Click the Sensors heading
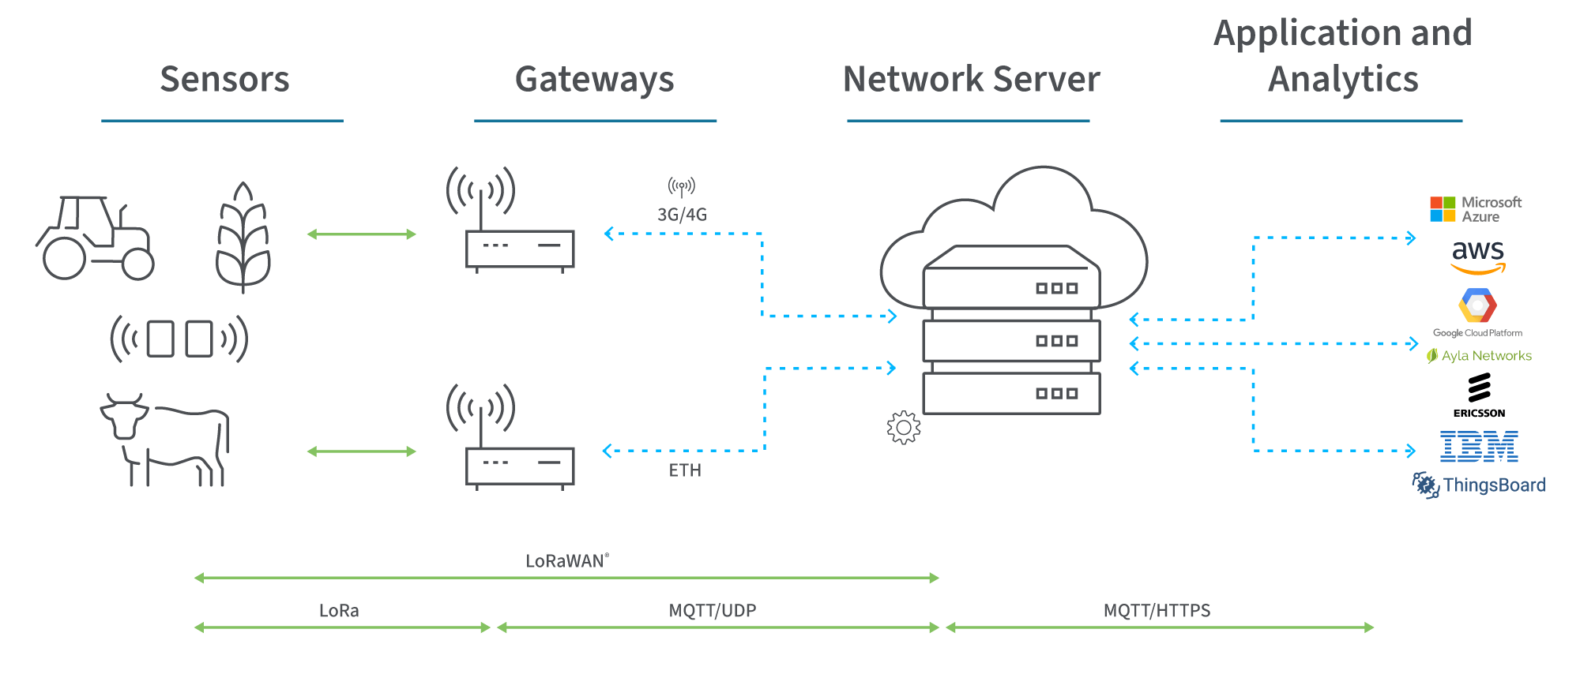coord(224,79)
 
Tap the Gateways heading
coord(594,79)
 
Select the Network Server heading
coord(971,79)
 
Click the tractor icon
coord(95,238)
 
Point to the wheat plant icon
coord(243,238)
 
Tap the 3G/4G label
coord(682,215)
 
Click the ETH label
coord(685,470)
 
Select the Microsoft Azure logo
coord(1475,209)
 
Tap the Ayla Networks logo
coord(1479,356)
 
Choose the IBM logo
coord(1479,447)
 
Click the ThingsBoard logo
coord(1479,485)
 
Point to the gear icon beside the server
coord(904,428)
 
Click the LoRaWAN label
coord(566,561)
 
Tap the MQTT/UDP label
coord(712,610)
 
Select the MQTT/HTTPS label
coord(1157,610)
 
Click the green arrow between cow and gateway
coord(361,451)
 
